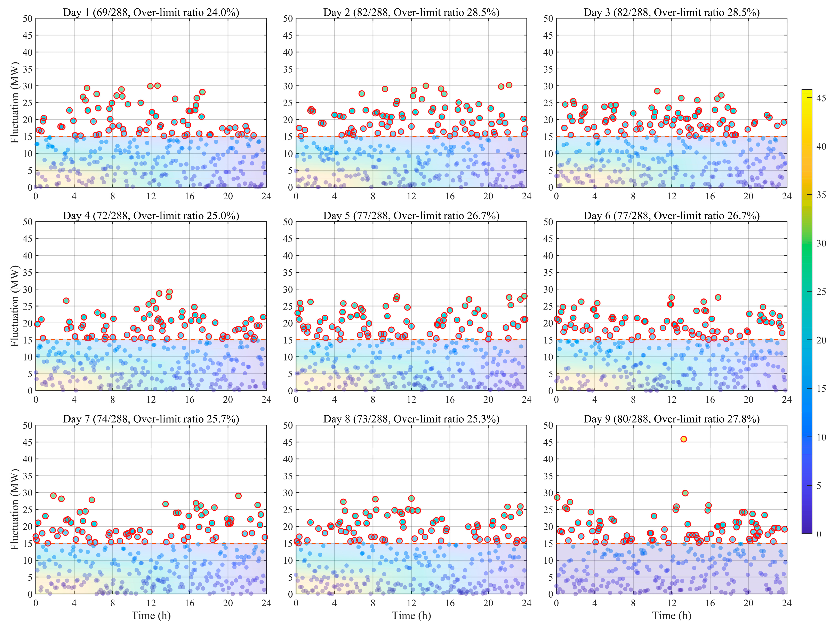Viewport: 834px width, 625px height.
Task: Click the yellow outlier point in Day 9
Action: [x=683, y=439]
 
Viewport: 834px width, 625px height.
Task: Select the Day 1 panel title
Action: [x=151, y=13]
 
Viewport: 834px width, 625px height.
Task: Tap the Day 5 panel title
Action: [x=411, y=216]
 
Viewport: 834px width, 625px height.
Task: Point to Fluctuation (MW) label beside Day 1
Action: [x=14, y=103]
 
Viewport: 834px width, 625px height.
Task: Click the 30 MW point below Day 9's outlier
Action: [x=685, y=493]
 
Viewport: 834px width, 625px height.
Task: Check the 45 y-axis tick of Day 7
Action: [x=27, y=442]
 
